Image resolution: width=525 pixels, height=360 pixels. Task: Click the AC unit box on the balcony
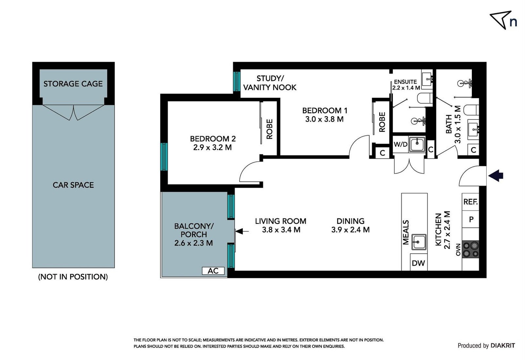[213, 271]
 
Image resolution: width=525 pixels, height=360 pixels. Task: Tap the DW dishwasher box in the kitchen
[418, 263]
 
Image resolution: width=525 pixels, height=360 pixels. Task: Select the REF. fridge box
[471, 202]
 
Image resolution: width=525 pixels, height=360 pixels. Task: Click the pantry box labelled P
[471, 219]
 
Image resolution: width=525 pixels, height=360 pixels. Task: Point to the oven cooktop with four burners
[471, 249]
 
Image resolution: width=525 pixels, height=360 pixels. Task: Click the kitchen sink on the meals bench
[419, 242]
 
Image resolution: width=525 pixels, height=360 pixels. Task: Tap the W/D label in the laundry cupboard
[400, 144]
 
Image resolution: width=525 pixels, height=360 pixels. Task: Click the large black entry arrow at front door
[496, 176]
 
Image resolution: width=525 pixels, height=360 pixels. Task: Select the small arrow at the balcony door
[242, 231]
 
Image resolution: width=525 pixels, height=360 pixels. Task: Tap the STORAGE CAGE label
[73, 84]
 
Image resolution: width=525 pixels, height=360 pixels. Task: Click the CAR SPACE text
[73, 185]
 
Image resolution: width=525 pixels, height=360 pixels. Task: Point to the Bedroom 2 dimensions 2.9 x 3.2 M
[213, 148]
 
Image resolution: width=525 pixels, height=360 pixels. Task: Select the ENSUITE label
[405, 82]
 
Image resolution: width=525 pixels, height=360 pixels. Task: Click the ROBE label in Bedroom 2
[269, 129]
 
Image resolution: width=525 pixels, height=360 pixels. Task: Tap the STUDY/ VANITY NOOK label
[270, 83]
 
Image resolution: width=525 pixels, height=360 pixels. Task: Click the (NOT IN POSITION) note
[73, 277]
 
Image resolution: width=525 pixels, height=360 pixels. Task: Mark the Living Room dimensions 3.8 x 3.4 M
[281, 230]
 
